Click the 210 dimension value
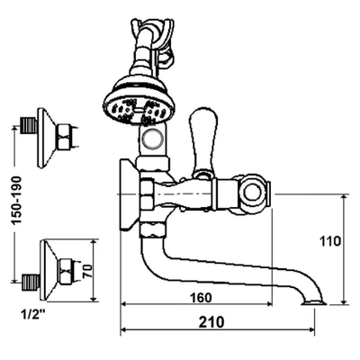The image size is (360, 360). [x=211, y=322]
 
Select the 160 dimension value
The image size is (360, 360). [x=201, y=298]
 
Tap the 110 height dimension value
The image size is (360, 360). [x=330, y=241]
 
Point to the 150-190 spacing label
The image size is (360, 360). [x=16, y=201]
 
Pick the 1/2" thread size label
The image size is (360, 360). [x=33, y=314]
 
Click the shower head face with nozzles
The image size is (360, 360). [x=139, y=111]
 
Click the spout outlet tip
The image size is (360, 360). [x=314, y=303]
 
